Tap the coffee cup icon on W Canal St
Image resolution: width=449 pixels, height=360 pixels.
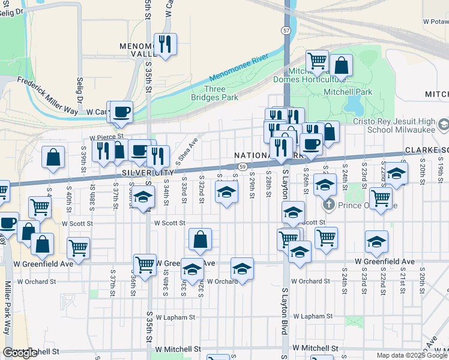122,112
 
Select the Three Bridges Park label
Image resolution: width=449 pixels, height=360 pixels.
214,93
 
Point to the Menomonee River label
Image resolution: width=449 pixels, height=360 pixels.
239,68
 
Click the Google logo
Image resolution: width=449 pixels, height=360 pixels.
20,353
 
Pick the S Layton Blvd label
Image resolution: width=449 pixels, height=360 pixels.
286,310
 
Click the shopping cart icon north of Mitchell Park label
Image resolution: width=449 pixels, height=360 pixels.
316,61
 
